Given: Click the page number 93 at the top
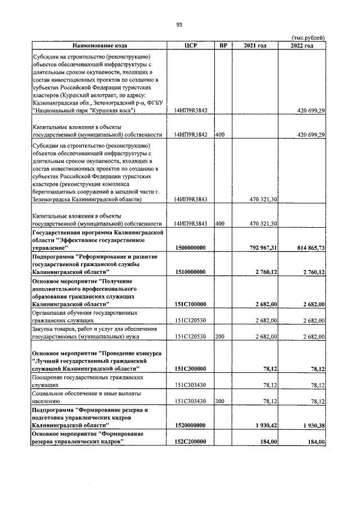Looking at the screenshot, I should tap(179, 25).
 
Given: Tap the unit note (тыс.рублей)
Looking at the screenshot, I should tap(309, 38).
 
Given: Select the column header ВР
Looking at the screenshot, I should tap(223, 45).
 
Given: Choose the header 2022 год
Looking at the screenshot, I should tap(302, 45).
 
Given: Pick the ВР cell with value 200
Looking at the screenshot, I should tap(220, 337).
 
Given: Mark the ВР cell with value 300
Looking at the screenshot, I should tap(220, 402).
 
